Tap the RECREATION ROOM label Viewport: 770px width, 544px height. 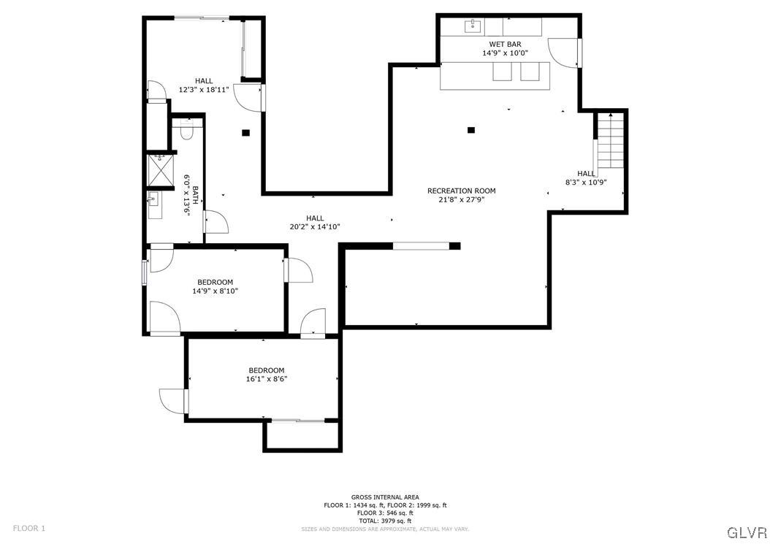[x=461, y=191]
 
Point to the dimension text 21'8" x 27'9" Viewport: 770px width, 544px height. [x=461, y=199]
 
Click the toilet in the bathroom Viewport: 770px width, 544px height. [x=186, y=132]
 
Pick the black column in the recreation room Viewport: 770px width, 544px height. [x=471, y=130]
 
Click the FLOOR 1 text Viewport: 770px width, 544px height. [x=29, y=528]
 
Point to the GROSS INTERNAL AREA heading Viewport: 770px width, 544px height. [x=385, y=497]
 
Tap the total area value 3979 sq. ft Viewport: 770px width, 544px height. [x=385, y=521]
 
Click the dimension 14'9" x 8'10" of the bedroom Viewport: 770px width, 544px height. [x=215, y=291]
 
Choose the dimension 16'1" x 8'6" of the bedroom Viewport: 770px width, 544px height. [x=266, y=379]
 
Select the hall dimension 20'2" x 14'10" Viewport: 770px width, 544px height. [x=315, y=226]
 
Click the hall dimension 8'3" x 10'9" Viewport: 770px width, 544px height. [x=586, y=182]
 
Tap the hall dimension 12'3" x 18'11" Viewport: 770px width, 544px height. [x=204, y=90]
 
